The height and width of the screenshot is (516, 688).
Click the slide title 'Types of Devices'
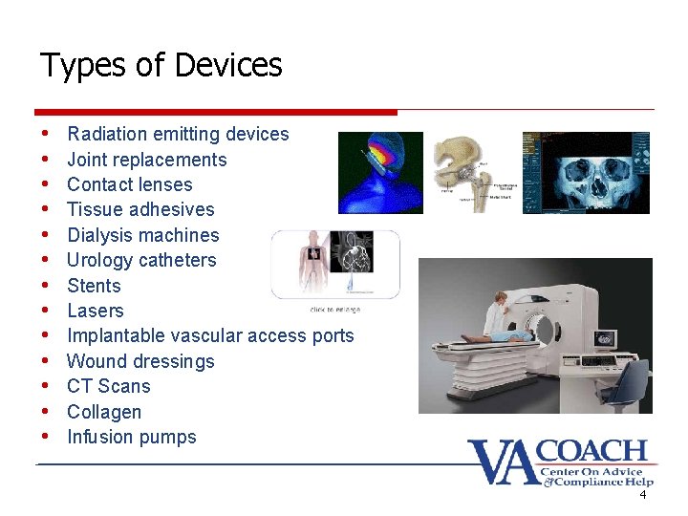(x=161, y=66)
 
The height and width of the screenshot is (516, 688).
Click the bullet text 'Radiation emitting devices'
(x=178, y=134)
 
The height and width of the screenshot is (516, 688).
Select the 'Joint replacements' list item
(x=146, y=160)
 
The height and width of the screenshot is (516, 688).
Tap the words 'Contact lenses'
(x=129, y=184)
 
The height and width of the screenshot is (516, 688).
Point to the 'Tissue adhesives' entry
(x=140, y=209)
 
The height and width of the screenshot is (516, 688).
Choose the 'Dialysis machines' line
(x=142, y=235)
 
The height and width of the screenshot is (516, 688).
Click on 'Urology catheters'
(x=141, y=260)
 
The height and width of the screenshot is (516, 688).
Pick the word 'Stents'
(x=94, y=286)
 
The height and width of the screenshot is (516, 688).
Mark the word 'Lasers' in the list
(x=95, y=311)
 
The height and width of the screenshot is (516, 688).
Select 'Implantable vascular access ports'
(x=210, y=335)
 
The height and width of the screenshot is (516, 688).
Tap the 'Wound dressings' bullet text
(x=140, y=361)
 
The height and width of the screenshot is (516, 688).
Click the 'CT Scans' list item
(x=108, y=386)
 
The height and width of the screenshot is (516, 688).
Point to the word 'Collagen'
(x=104, y=412)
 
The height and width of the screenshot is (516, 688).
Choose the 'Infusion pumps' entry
(x=131, y=437)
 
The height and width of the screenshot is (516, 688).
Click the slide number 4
(x=643, y=495)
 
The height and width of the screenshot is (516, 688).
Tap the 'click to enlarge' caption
(x=334, y=310)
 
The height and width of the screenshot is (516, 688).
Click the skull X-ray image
(x=586, y=172)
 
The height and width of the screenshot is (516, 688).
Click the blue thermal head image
(x=380, y=172)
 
